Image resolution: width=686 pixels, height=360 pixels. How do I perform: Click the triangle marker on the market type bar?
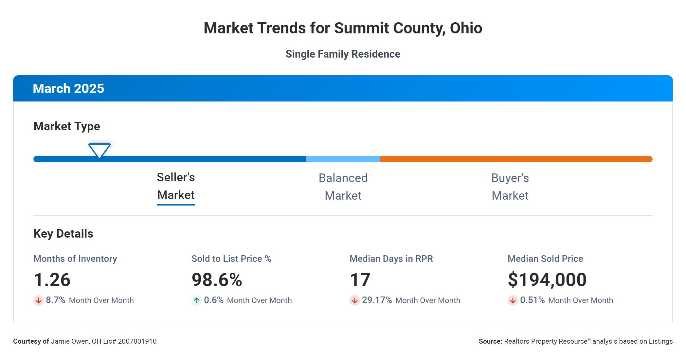(99, 150)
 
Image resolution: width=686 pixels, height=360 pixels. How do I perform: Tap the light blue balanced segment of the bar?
(343, 159)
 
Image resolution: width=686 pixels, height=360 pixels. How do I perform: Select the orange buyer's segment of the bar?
(516, 159)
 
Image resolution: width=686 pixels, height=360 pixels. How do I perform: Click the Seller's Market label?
(176, 186)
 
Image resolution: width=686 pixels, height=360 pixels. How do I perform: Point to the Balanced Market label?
(343, 187)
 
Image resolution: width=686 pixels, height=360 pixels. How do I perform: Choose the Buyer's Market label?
(510, 187)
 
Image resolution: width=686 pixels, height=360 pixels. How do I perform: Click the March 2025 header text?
(68, 88)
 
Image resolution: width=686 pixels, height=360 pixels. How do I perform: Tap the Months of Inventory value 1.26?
(52, 280)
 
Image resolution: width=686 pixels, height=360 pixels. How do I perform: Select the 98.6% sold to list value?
(217, 280)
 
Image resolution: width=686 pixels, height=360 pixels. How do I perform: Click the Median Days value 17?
(360, 280)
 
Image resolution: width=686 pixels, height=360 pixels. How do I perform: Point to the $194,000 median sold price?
(547, 280)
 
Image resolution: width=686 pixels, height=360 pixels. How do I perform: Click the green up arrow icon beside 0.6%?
(196, 300)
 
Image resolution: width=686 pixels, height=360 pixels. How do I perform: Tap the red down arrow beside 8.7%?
(39, 300)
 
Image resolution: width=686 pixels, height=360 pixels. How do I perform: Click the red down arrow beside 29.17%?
(354, 300)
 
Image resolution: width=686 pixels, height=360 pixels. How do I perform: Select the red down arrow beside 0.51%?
(513, 300)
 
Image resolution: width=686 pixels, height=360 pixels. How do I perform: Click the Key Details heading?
(63, 234)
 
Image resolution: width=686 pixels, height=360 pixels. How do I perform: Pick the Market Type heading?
(67, 126)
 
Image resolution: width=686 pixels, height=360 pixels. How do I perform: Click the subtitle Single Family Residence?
(343, 54)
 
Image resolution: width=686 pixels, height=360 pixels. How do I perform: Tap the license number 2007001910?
(137, 341)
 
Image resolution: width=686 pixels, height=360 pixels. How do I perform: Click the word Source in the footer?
(490, 341)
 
